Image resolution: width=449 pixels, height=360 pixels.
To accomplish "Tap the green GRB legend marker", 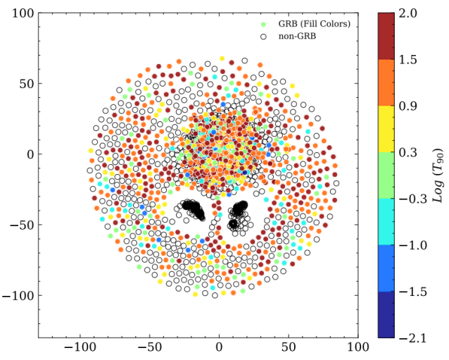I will [263, 25].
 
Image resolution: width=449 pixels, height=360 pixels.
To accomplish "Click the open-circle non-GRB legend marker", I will [263, 36].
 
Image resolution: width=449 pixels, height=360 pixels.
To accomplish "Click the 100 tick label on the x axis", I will [358, 347].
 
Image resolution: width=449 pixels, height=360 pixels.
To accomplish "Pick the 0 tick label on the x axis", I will [219, 347].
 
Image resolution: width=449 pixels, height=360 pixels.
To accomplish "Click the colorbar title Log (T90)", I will [436, 175].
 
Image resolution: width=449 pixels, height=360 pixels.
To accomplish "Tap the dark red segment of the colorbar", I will [385, 35].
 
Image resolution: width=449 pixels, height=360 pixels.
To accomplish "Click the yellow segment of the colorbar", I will [385, 128].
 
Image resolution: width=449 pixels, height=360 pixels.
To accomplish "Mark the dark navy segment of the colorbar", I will [385, 314].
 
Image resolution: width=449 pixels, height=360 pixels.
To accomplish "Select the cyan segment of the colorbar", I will [385, 221].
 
